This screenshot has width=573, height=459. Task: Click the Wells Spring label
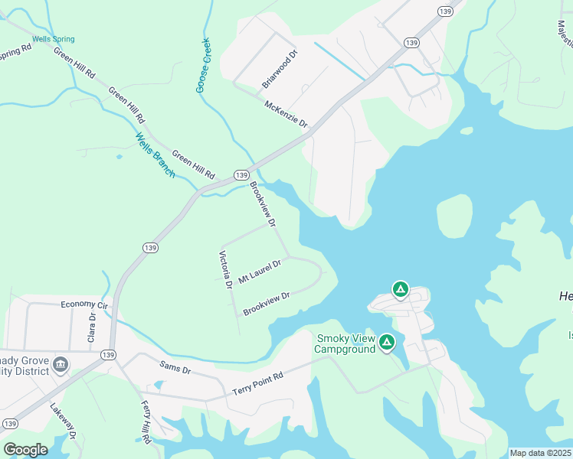tap(54, 39)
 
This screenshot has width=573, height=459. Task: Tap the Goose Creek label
tap(204, 66)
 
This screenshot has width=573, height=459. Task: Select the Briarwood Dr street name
tap(280, 69)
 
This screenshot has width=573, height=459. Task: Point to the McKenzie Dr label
tap(286, 114)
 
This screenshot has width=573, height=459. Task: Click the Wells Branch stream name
tap(156, 156)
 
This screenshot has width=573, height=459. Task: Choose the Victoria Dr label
tap(226, 271)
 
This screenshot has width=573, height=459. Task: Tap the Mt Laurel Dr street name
tap(260, 272)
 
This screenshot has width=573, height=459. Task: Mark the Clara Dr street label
tap(92, 327)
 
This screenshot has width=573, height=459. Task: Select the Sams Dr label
tap(175, 369)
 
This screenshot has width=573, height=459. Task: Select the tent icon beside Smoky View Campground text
tap(388, 342)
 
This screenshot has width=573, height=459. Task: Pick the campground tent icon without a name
tap(400, 289)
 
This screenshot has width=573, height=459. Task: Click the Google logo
tap(25, 450)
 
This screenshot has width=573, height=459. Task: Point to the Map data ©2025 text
tap(540, 453)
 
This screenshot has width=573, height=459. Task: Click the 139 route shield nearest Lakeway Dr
tap(10, 423)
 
